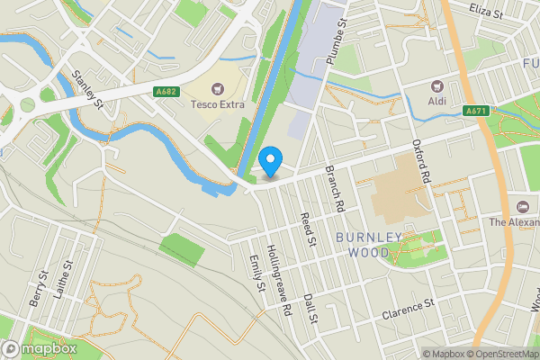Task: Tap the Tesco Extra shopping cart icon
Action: (217, 88)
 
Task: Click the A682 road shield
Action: (165, 91)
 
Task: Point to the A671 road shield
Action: (477, 111)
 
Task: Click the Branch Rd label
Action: (336, 189)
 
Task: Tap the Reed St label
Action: (310, 229)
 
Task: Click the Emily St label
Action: (260, 273)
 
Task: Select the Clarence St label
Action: (408, 312)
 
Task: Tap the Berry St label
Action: (38, 287)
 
